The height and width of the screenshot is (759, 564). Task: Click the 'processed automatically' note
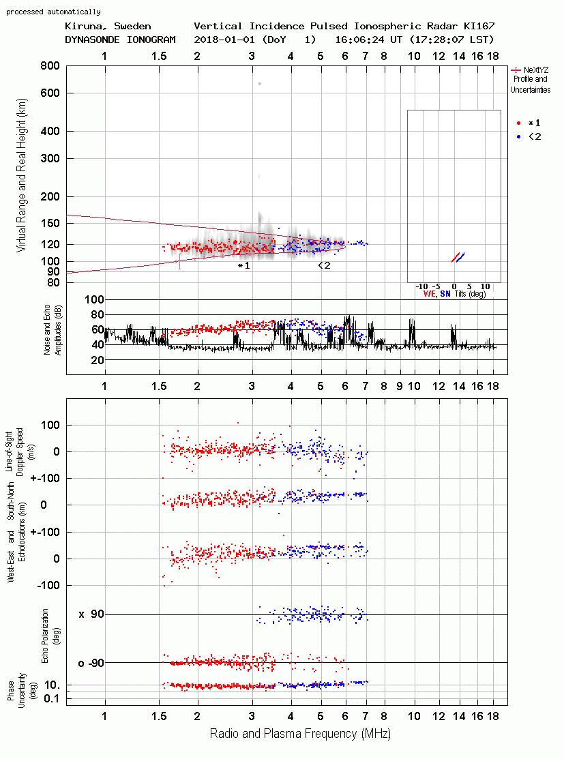[53, 12]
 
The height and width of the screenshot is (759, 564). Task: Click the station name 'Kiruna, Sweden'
[108, 26]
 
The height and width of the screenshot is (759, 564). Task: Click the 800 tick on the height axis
[50, 66]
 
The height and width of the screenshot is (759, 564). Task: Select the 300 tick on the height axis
[50, 158]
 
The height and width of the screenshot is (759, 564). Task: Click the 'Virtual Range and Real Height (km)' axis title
[21, 175]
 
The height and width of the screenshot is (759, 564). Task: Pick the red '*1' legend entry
[529, 123]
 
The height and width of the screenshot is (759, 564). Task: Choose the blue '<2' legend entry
[529, 136]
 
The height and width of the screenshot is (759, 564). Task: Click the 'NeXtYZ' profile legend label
[536, 70]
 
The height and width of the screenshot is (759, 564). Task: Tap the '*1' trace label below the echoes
[244, 265]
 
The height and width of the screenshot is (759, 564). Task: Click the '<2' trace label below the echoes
[324, 265]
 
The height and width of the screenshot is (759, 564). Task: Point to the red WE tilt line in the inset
[455, 258]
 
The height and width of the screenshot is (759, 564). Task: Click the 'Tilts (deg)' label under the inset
[470, 294]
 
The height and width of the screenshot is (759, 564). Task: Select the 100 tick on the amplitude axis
[94, 299]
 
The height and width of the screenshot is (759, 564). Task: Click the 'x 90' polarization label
[91, 614]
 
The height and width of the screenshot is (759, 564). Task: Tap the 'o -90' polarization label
[91, 663]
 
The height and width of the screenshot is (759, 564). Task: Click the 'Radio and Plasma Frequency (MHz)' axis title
[300, 734]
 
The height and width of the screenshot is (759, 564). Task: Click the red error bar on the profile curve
[180, 261]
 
